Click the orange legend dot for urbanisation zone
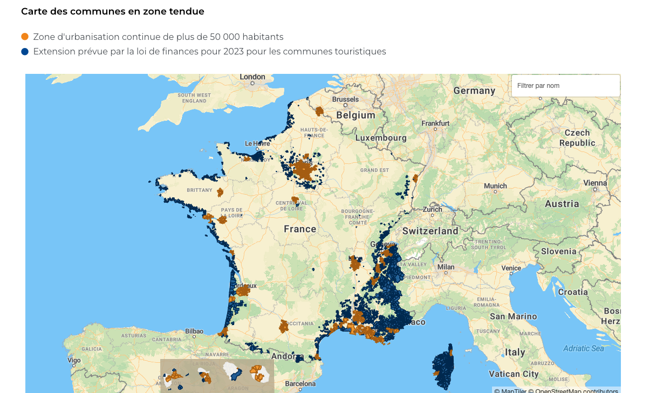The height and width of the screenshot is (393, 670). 25,37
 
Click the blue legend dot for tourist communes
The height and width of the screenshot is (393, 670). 25,52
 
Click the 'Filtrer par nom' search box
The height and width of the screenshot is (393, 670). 565,86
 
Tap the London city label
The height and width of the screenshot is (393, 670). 252,77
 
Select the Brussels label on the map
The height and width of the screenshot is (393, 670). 345,99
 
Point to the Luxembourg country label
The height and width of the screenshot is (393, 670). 381,138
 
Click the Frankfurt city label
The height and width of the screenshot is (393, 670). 435,123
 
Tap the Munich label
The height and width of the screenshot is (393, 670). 495,186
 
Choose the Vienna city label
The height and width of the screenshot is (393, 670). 595,183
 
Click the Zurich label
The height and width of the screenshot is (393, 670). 432,209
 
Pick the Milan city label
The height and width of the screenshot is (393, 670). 446,267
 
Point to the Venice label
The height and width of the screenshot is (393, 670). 511,268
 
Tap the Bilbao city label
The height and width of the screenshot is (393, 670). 194,331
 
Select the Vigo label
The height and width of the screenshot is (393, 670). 74,360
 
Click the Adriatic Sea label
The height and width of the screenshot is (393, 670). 584,348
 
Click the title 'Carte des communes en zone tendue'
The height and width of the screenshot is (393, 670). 112,11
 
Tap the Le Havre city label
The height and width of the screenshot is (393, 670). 257,143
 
